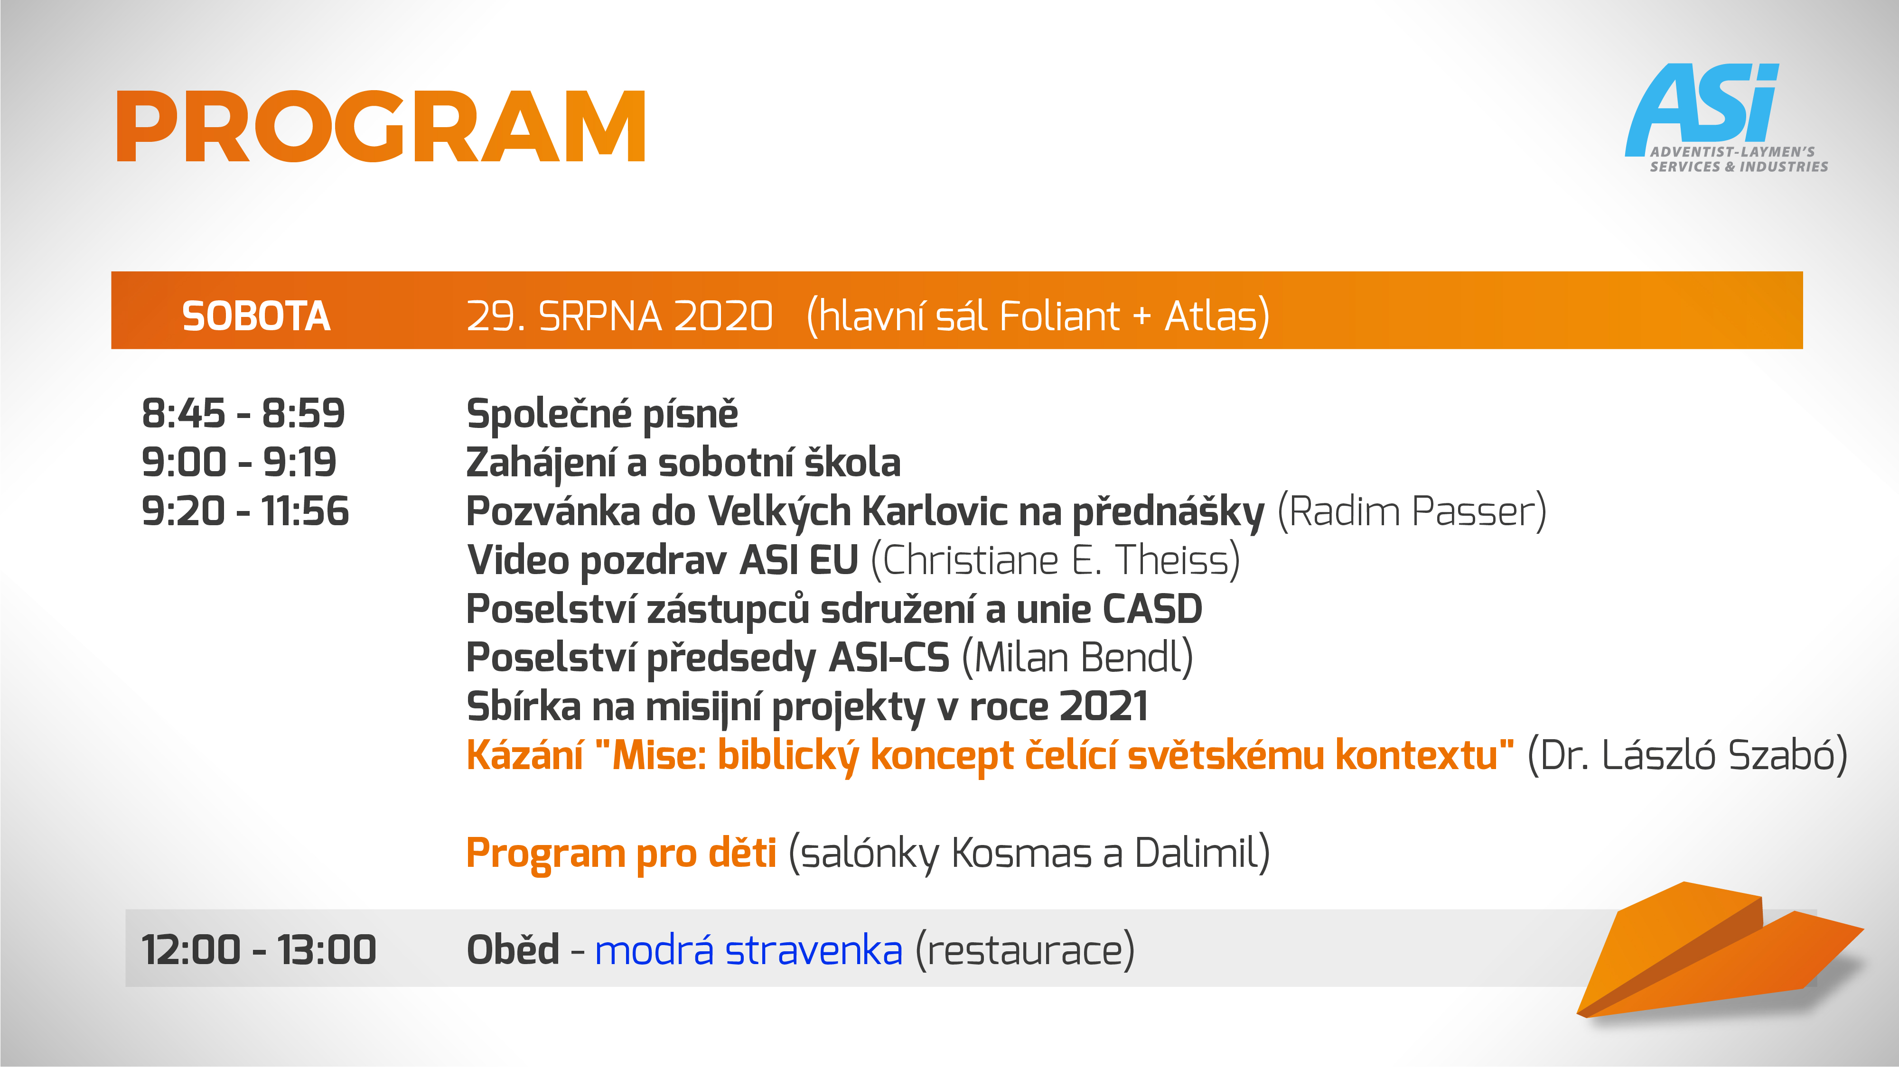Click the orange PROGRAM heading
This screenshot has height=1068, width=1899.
click(x=381, y=126)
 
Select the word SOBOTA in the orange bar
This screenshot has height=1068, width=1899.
click(x=256, y=316)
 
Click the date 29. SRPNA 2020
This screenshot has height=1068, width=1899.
click(x=619, y=316)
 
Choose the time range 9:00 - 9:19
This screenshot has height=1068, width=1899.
click(x=239, y=462)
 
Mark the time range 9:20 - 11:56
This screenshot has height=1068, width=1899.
click(x=245, y=511)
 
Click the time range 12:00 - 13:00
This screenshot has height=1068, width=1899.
click(x=259, y=949)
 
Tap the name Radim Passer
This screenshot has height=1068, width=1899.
click(x=1412, y=511)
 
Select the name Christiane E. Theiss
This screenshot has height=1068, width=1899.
click(x=1056, y=560)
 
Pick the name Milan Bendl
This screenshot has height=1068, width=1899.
click(x=1078, y=658)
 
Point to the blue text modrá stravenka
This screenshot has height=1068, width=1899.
click(x=748, y=949)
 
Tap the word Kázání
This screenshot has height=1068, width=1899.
click(x=525, y=755)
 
